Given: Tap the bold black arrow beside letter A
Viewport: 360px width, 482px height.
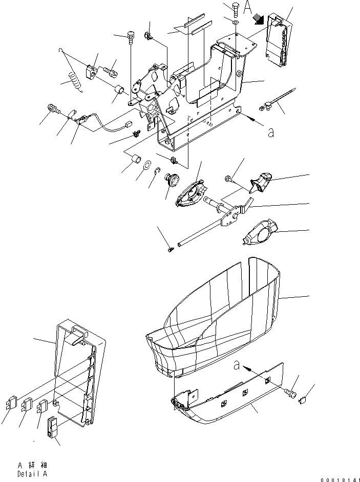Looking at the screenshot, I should click(x=259, y=19).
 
